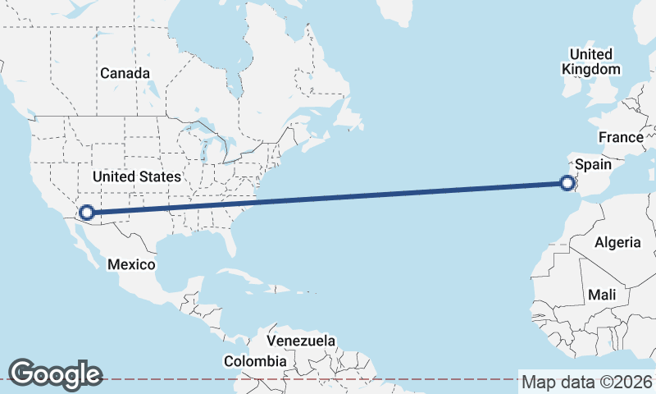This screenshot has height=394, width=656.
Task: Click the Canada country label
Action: tap(125, 73)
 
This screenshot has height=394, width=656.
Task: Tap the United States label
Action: tap(136, 177)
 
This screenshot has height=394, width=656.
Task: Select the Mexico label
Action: tap(131, 264)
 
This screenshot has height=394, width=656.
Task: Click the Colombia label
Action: tap(256, 360)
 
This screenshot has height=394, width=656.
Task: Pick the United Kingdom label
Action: tap(590, 62)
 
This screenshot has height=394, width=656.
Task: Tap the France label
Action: tap(620, 137)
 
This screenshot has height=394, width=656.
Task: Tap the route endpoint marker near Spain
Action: tap(567, 183)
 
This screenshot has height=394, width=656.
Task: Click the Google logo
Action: tap(55, 373)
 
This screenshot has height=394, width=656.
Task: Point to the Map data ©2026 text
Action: tap(587, 382)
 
